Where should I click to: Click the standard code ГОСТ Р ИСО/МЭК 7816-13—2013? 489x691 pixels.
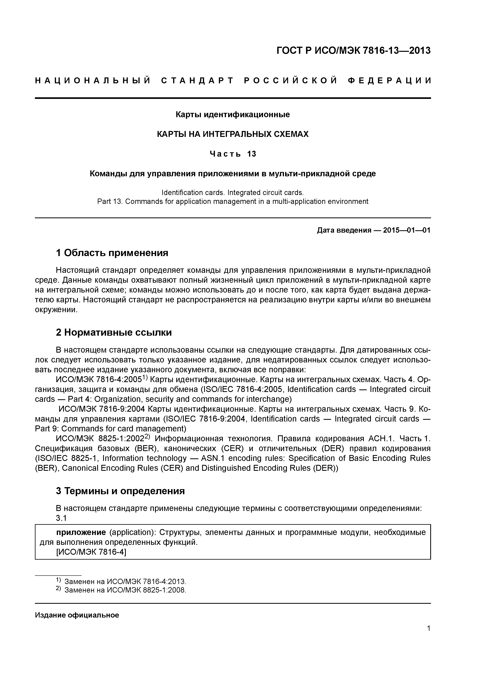tap(353, 51)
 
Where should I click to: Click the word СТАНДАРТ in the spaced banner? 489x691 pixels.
tap(197, 81)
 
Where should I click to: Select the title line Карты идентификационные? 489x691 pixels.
tap(233, 115)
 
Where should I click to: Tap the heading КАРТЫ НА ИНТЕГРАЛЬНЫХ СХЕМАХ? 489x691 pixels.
tap(233, 134)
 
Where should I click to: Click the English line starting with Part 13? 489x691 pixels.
tap(233, 201)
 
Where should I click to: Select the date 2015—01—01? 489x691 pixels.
tap(407, 230)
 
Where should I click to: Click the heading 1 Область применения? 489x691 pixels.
tap(112, 253)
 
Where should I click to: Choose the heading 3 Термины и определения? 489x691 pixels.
tap(120, 491)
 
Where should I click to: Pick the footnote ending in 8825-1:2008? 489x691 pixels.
tap(125, 590)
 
